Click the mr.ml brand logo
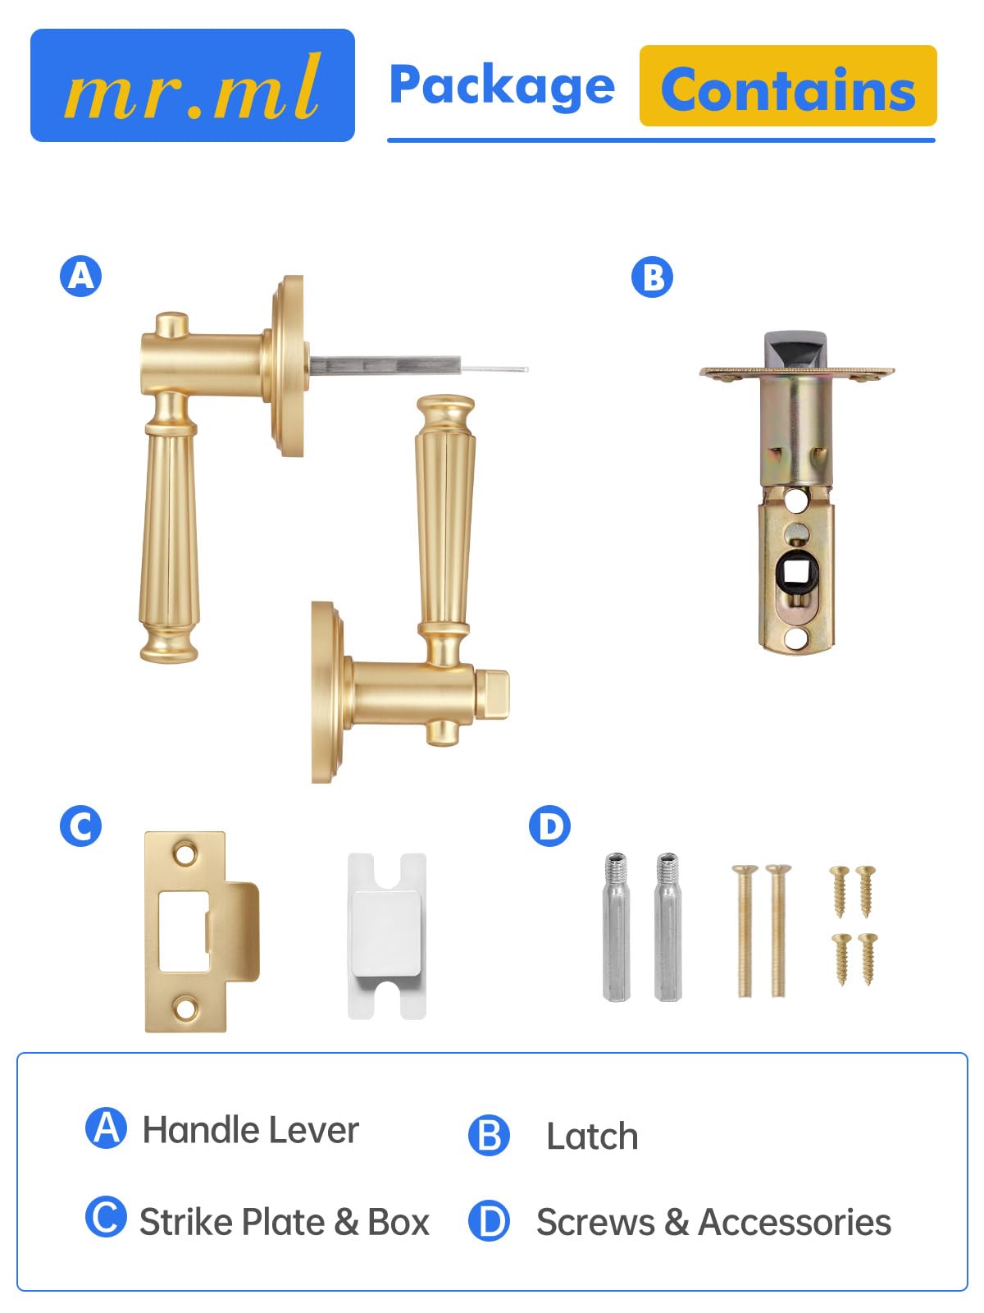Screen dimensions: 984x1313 pos(193,85)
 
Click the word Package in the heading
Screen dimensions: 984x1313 pos(502,87)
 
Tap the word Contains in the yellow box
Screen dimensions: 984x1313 pos(788,89)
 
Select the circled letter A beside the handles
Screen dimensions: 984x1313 pos(80,276)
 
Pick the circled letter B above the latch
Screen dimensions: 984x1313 pos(652,277)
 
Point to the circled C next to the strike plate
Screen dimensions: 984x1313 pos(80,826)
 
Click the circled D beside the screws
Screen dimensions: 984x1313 pos(549,826)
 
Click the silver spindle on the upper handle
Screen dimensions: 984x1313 pos(418,365)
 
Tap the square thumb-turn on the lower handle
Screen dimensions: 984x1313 pos(494,694)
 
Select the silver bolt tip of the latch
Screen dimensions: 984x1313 pos(795,350)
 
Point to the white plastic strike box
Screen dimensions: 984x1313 pos(387,936)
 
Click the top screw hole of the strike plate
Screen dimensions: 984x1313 pos(184,853)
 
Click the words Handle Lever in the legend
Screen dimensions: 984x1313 pos(250,1131)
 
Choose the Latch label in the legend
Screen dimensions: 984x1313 pos(592,1136)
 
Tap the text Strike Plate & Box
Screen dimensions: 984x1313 pos(285,1222)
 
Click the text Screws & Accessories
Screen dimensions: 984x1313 pos(714,1222)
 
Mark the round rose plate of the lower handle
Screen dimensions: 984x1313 pos(328,692)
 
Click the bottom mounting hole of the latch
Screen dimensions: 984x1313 pos(795,638)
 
